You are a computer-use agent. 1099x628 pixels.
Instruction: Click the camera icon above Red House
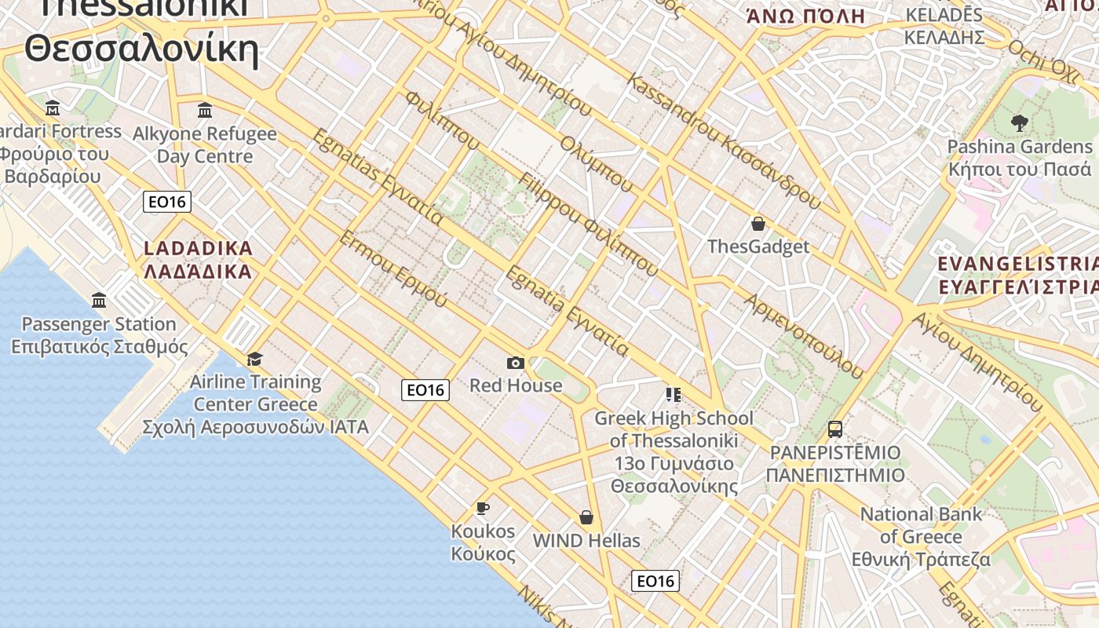(515, 363)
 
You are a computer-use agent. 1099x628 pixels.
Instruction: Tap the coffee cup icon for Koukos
(483, 508)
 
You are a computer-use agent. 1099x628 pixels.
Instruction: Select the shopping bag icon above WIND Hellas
(586, 517)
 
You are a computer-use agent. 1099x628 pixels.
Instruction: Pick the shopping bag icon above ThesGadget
(758, 224)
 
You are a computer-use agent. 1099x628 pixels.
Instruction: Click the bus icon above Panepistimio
(834, 429)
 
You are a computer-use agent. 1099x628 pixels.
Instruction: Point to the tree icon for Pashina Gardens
(1019, 122)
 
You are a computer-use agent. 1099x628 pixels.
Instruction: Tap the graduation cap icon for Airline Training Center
(254, 360)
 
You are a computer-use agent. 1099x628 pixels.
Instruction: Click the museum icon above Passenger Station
(99, 300)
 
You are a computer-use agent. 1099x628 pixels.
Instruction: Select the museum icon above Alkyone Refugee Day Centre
(205, 110)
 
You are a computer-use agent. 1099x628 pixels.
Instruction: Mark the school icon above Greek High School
(673, 394)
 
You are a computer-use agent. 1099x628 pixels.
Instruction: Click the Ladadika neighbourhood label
(198, 260)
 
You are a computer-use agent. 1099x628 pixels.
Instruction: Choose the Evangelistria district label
(1018, 275)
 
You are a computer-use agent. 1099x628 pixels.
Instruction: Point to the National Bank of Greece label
(921, 537)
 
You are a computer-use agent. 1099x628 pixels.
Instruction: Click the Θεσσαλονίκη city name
(141, 49)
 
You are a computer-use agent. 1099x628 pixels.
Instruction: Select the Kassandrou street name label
(722, 141)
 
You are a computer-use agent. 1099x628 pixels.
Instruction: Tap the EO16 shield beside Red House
(425, 389)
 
